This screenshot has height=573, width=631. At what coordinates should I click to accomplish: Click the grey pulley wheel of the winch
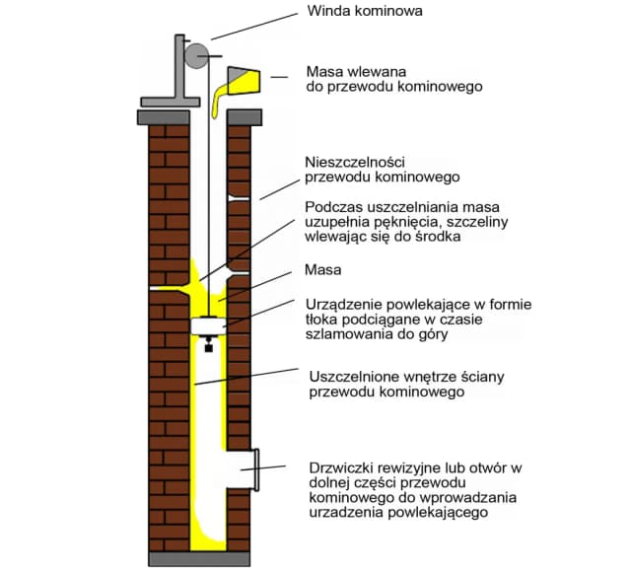(x=197, y=55)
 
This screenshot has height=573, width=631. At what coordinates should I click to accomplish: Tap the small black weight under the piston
(x=208, y=345)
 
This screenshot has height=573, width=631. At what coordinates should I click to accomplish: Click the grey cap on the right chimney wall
(x=244, y=116)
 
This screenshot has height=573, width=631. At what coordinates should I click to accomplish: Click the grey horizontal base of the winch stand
(x=171, y=101)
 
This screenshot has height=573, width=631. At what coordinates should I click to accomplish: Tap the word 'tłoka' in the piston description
(x=323, y=320)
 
